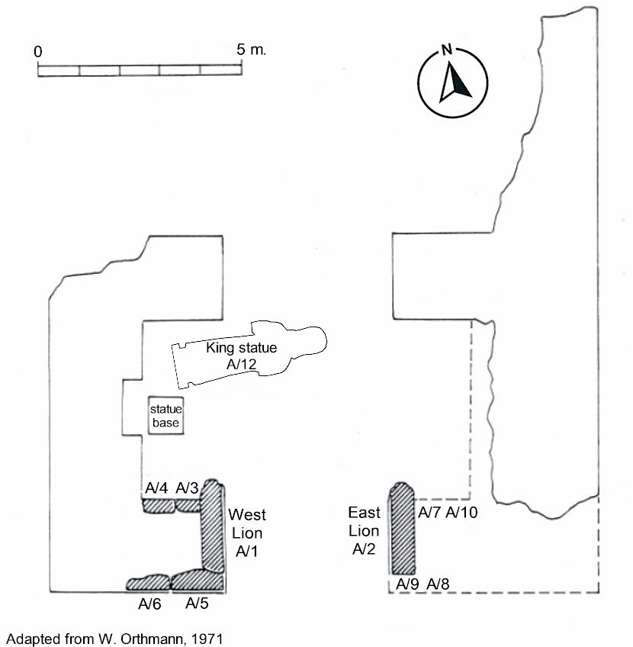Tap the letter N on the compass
tap(447, 51)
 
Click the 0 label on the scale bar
tap(37, 52)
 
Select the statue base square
tap(166, 416)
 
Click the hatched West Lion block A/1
tap(213, 530)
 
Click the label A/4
tap(156, 488)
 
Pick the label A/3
tap(187, 488)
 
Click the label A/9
tap(408, 584)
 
